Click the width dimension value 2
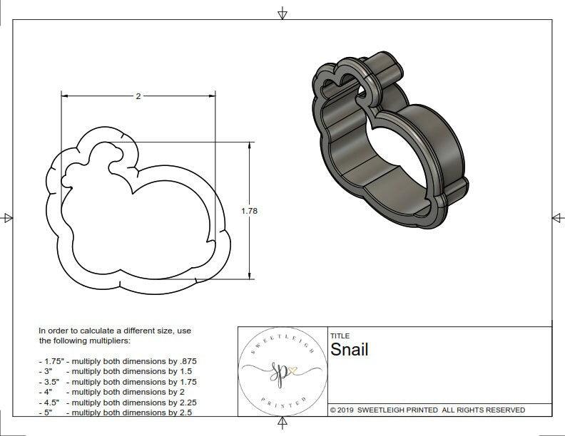tap(138, 95)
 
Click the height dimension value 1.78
tap(249, 211)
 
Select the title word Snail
tap(350, 350)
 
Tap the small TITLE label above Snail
tap(340, 336)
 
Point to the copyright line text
tap(427, 410)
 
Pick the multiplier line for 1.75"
tap(118, 361)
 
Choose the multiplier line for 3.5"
tap(118, 382)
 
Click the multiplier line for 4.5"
tap(118, 402)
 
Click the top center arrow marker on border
tap(282, 14)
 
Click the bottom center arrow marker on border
tap(282, 423)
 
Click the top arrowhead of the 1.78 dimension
tap(250, 145)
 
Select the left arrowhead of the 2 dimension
tap(64, 95)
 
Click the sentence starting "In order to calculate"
tap(115, 336)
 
